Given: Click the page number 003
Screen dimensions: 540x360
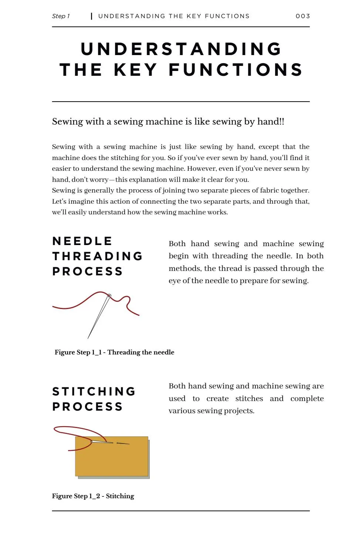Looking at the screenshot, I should coord(303,16).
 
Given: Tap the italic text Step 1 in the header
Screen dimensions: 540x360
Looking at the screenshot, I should coord(61,16).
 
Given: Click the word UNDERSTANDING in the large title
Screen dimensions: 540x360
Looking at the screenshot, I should coord(181,49).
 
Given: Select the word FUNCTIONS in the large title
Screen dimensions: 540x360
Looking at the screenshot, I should coord(236,70).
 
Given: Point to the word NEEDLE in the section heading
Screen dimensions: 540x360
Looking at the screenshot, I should coord(82,241).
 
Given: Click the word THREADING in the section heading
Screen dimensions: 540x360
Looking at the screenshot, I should coord(98,256).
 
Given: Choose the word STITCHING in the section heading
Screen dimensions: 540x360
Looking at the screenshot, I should coord(94,391).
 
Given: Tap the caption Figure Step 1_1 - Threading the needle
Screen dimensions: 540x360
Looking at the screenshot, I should coord(114,352).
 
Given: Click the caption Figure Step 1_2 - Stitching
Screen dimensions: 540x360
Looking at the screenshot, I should coord(93,496).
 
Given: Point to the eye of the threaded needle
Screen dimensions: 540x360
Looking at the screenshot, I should coord(109,296).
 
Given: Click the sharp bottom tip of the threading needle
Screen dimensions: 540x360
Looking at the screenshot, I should coord(88,338).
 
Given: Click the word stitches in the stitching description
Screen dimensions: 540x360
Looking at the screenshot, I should coord(249,398).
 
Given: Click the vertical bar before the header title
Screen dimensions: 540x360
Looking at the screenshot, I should coord(91,16).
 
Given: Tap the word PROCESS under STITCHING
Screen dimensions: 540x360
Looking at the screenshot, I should coord(87,407).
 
